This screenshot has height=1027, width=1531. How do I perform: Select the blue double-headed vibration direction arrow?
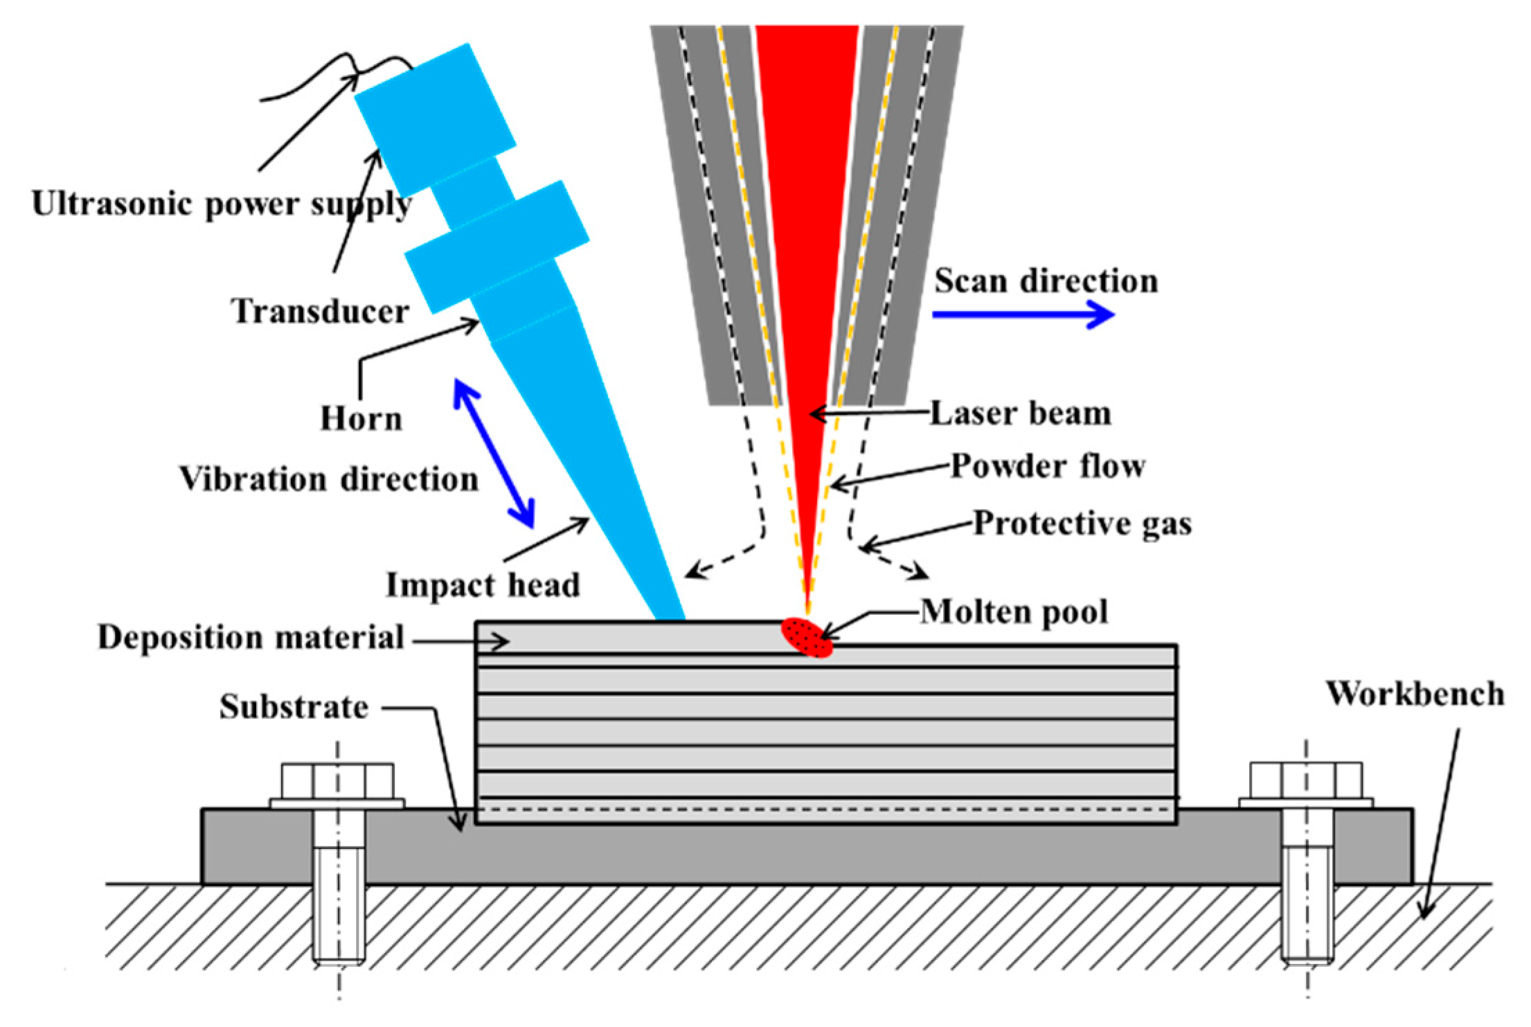494,453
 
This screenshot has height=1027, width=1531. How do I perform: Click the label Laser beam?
1020,413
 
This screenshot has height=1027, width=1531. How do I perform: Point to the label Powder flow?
1047,466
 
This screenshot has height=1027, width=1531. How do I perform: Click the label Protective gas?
1082,524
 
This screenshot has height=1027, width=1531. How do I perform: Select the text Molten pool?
1014,612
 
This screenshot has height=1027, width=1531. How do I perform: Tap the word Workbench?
1415,694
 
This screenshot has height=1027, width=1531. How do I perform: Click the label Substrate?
294,707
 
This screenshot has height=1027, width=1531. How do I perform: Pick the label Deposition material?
251,637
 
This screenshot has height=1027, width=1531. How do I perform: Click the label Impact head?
483,585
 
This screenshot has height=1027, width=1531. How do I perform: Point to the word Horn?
361,418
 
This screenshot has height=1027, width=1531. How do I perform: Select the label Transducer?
320,311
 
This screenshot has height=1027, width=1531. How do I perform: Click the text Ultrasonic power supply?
222,204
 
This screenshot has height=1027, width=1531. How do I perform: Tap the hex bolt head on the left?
337,781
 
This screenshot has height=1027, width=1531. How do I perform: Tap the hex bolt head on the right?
1306,781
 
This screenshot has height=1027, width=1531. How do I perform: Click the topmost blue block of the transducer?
435,120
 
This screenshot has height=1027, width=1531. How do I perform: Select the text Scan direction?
1046,281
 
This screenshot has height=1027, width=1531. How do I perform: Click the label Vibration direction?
329,479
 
